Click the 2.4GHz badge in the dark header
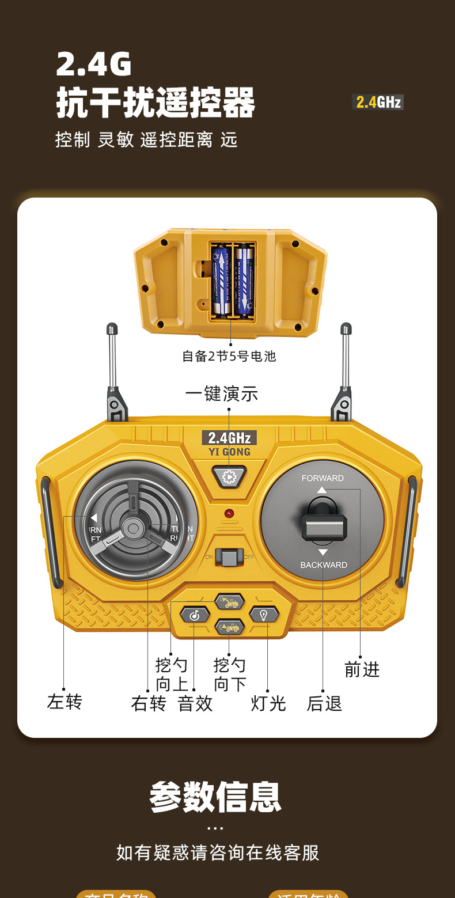[x=377, y=103]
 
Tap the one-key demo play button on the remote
[x=229, y=476]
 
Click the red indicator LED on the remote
[x=229, y=513]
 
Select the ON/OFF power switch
[x=229, y=556]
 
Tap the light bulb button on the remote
[x=264, y=615]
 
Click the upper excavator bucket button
[x=230, y=601]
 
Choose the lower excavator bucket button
[x=230, y=627]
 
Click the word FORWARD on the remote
[x=323, y=478]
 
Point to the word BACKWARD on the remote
[x=324, y=565]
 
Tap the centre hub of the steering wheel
[x=134, y=527]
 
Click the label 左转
[x=65, y=702]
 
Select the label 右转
[x=149, y=703]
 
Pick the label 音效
[x=195, y=703]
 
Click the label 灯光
[x=268, y=703]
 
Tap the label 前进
[x=362, y=670]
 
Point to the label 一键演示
[x=222, y=395]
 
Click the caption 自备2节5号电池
[x=229, y=357]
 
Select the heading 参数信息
[x=215, y=797]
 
